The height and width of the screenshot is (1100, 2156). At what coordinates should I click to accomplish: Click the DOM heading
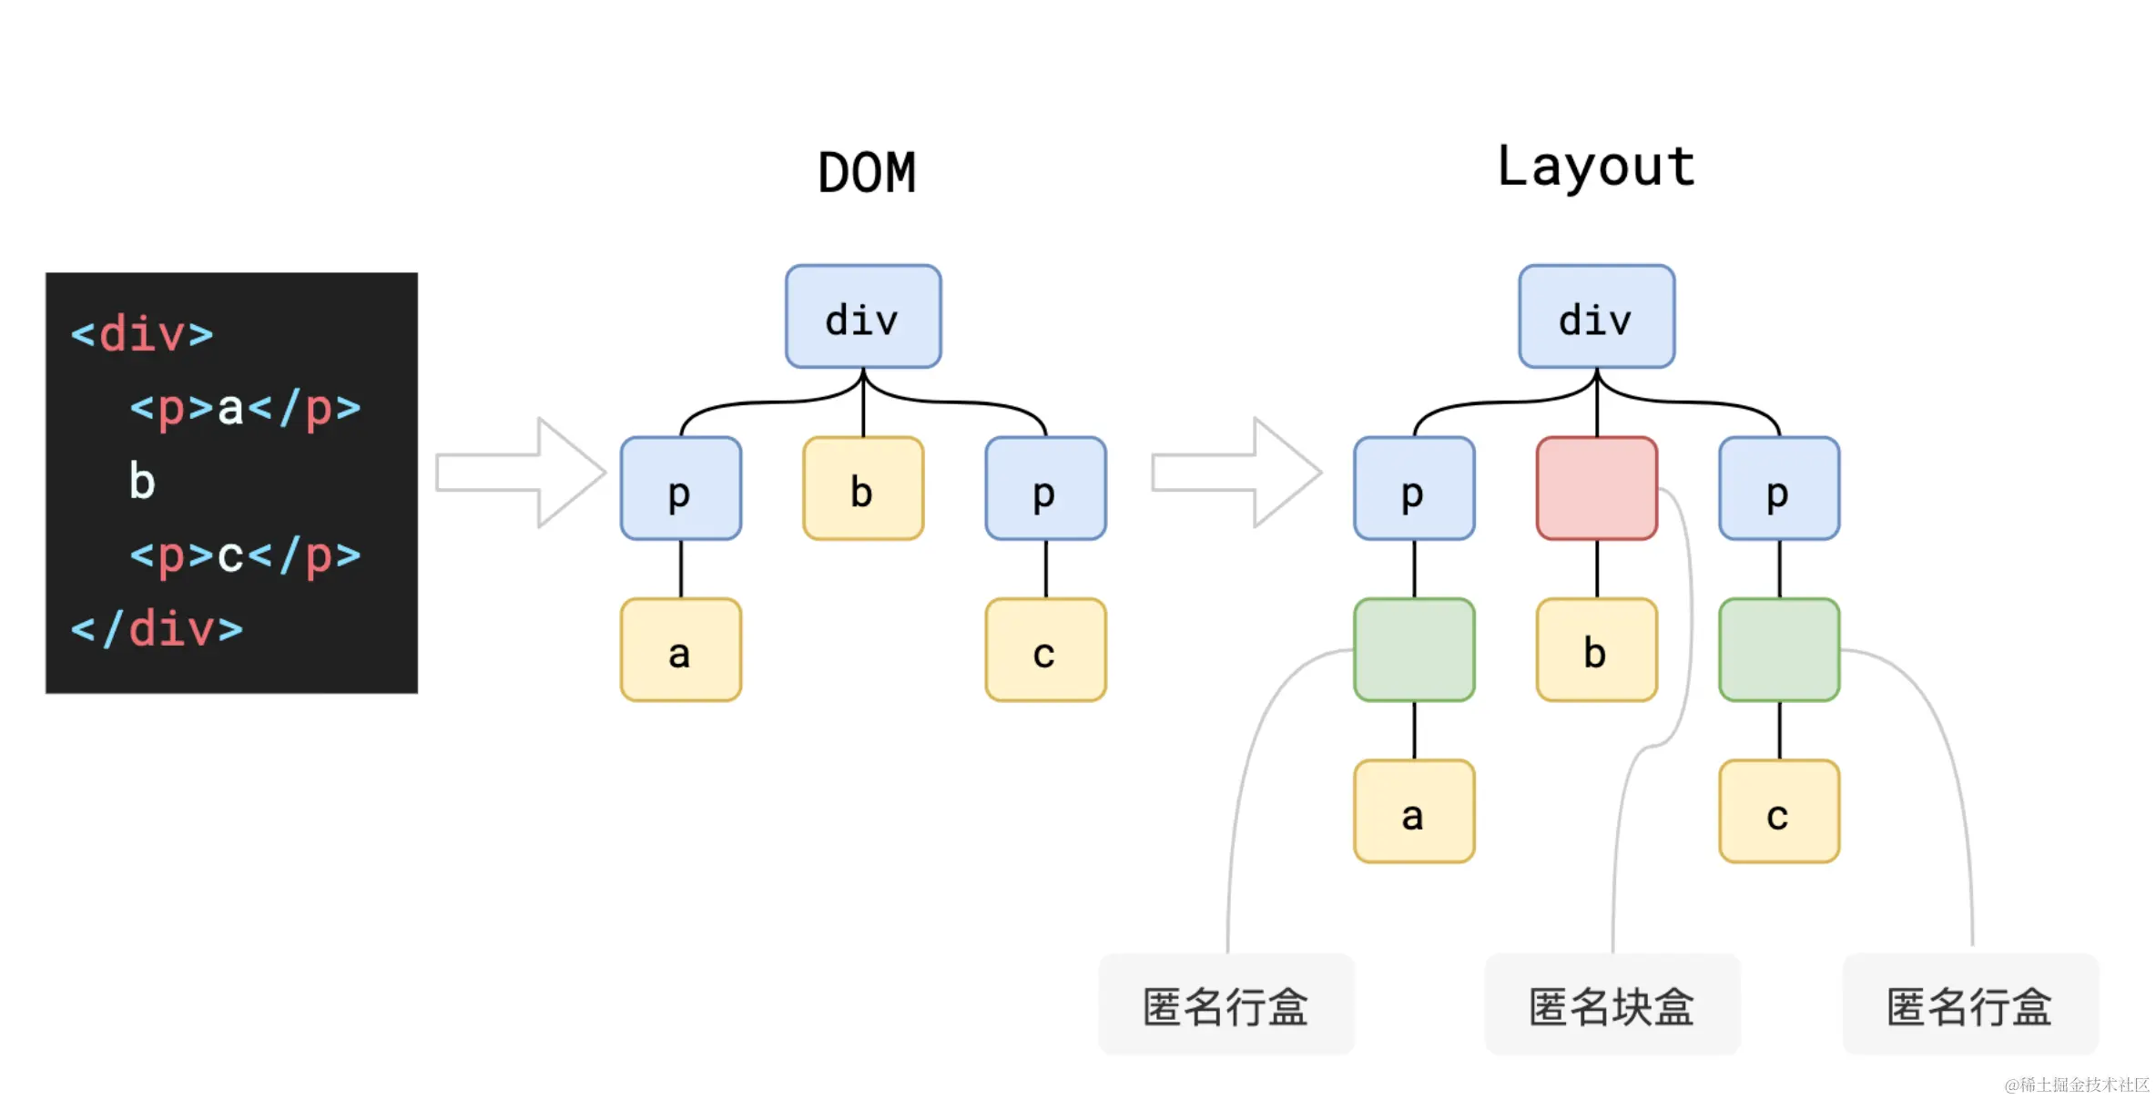pyautogui.click(x=866, y=172)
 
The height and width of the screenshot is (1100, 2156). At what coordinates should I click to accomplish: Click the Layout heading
pyautogui.click(x=1596, y=168)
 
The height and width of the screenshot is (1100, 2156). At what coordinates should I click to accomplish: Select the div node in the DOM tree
pyautogui.click(x=863, y=317)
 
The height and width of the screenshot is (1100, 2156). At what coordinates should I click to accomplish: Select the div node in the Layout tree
pyautogui.click(x=1596, y=317)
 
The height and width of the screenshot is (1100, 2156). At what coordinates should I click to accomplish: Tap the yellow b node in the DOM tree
pyautogui.click(x=863, y=489)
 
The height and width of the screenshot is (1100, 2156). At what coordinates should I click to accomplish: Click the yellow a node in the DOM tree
pyautogui.click(x=681, y=650)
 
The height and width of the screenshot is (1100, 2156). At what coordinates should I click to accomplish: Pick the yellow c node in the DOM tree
pyautogui.click(x=1045, y=650)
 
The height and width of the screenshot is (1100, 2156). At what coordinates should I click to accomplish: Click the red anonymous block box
pyautogui.click(x=1596, y=489)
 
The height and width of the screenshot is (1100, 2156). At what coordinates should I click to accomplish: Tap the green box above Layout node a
pyautogui.click(x=1414, y=650)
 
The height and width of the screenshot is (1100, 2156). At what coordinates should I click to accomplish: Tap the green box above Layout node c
pyautogui.click(x=1779, y=650)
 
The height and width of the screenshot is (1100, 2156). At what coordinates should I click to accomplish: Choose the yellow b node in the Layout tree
pyautogui.click(x=1596, y=650)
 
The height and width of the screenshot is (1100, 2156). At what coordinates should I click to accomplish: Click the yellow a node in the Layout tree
pyautogui.click(x=1414, y=811)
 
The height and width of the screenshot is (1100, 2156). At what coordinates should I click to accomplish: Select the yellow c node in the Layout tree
pyautogui.click(x=1779, y=811)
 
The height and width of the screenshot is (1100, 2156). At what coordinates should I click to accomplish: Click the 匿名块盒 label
pyautogui.click(x=1612, y=1005)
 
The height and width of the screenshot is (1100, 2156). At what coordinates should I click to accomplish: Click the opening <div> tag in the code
pyautogui.click(x=142, y=334)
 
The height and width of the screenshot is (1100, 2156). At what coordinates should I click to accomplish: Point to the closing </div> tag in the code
pyautogui.click(x=157, y=628)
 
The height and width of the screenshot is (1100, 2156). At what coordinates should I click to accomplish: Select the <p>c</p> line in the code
pyautogui.click(x=244, y=555)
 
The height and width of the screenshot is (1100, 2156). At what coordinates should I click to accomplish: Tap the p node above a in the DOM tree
pyautogui.click(x=681, y=489)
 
